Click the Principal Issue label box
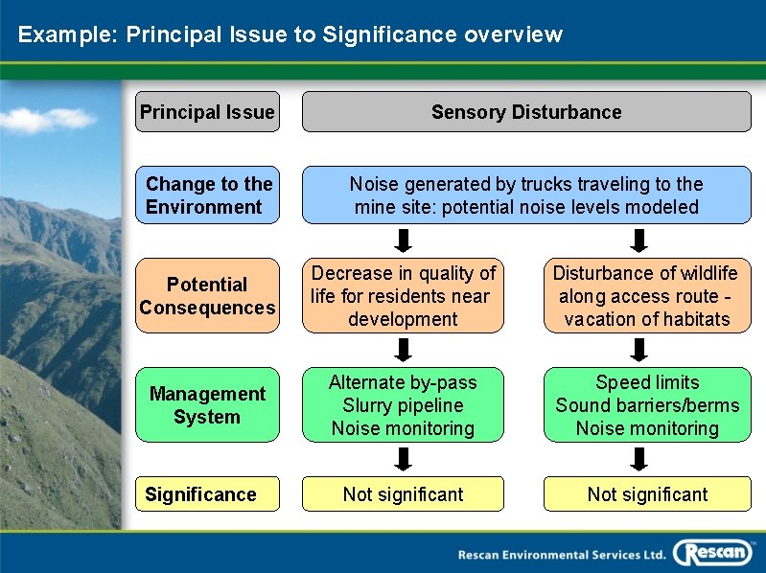coord(207,112)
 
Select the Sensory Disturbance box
coord(526,112)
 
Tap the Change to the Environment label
coord(207,195)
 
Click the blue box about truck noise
coord(526,195)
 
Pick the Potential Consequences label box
coord(207,296)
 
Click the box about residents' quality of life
coord(403,296)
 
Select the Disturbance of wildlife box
coord(647,296)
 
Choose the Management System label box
coord(207,405)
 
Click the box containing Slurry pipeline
coord(403,405)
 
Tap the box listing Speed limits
coord(647,405)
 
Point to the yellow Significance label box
coord(207,494)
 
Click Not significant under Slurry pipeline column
coord(403,494)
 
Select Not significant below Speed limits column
coord(647,494)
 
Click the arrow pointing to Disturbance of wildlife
coord(639,240)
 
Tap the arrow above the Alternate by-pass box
coord(404,350)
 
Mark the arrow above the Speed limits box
coord(639,350)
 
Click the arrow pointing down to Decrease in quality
coord(404,240)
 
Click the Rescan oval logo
coord(712,553)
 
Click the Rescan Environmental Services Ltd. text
coord(561,554)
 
